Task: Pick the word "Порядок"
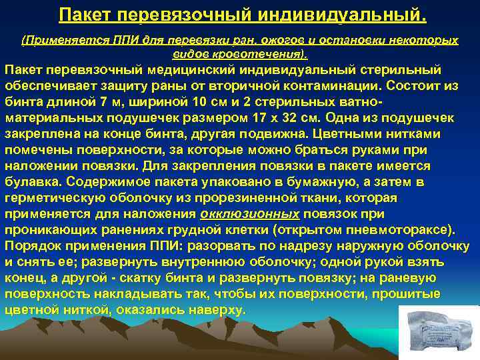35,245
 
